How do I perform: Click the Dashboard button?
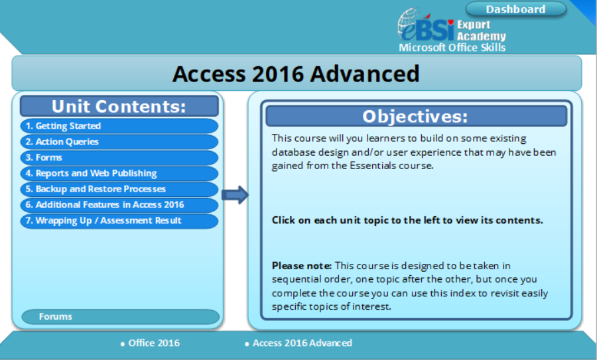(x=515, y=9)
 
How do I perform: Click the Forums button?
(x=119, y=317)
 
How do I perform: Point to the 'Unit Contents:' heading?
(x=119, y=106)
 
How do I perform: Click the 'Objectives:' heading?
(x=415, y=116)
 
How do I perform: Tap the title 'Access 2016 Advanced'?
(x=296, y=73)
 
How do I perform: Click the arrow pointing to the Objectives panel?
(x=235, y=195)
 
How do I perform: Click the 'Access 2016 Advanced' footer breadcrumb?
(x=302, y=343)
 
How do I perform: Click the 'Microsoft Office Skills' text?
(x=452, y=48)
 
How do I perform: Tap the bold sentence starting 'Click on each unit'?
(x=407, y=220)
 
